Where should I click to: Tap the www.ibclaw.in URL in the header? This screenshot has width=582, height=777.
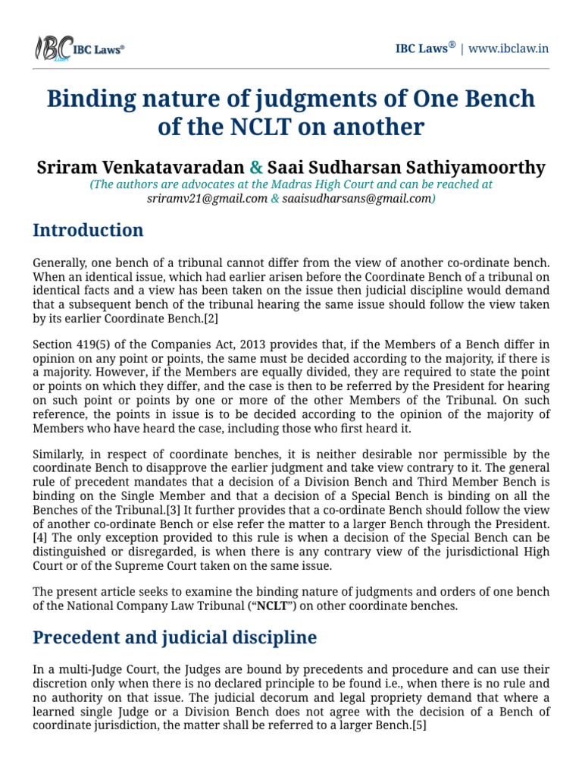(508, 49)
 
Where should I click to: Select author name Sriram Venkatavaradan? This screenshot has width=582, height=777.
(139, 166)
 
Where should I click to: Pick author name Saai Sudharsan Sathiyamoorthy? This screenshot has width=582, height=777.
(407, 166)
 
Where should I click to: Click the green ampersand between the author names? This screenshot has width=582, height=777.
(256, 166)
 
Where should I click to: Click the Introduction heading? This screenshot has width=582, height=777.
(88, 230)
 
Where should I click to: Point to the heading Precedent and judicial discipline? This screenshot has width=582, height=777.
(174, 637)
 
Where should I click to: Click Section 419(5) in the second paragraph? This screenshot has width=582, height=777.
(69, 345)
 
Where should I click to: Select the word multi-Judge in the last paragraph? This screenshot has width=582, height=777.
(82, 670)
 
